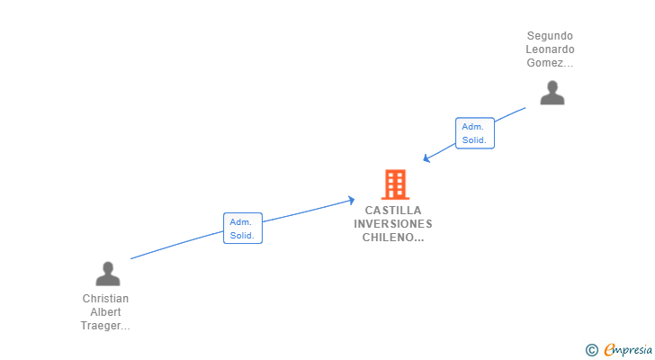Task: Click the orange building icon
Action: point(394,184)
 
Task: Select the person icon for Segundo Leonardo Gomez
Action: point(552,93)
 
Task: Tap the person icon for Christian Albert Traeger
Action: point(108,274)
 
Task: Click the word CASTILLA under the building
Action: point(393,211)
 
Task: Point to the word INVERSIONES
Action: point(393,224)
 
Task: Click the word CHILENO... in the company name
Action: point(393,238)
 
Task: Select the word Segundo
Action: point(550,36)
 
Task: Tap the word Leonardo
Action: point(550,49)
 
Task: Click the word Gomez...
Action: point(550,63)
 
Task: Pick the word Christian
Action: point(105,299)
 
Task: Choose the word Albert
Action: point(105,312)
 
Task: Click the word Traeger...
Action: point(105,326)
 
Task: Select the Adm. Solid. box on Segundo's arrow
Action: point(474,133)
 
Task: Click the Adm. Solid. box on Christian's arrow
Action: point(242,229)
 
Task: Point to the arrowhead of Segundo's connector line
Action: point(426,159)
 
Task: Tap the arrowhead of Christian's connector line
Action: point(352,200)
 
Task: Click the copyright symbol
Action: point(591,349)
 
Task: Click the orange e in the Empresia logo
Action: point(609,350)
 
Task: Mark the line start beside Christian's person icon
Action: point(131,259)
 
